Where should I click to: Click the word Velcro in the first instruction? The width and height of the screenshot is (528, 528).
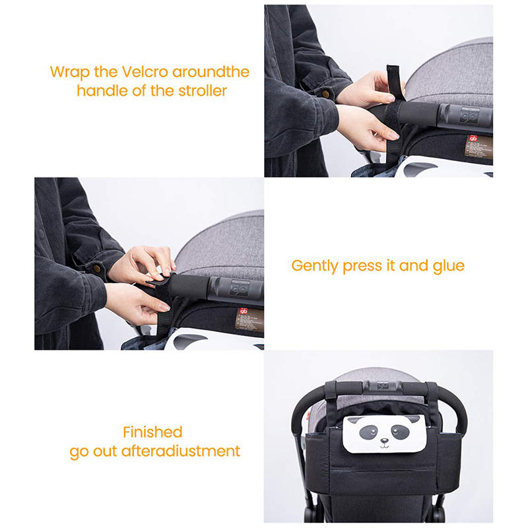pyautogui.click(x=145, y=72)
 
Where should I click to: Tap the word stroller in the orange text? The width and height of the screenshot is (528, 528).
pyautogui.click(x=203, y=90)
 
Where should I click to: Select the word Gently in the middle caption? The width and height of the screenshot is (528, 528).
pyautogui.click(x=315, y=266)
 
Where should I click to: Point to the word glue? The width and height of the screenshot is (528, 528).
pyautogui.click(x=449, y=266)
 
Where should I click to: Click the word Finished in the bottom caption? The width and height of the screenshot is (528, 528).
pyautogui.click(x=152, y=432)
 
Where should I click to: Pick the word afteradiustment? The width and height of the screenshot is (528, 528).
pyautogui.click(x=181, y=451)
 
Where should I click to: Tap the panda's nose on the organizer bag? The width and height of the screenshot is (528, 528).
pyautogui.click(x=384, y=440)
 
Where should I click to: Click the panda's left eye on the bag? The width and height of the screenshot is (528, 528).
pyautogui.click(x=368, y=432)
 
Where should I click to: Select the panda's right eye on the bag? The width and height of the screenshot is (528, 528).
pyautogui.click(x=401, y=432)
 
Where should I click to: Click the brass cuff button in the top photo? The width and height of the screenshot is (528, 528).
pyautogui.click(x=325, y=94)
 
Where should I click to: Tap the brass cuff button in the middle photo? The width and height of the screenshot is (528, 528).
pyautogui.click(x=96, y=268)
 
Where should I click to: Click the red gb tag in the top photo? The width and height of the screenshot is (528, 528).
pyautogui.click(x=473, y=138)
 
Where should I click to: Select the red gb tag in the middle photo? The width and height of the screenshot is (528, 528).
pyautogui.click(x=244, y=311)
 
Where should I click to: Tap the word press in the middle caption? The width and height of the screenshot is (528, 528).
pyautogui.click(x=362, y=266)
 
